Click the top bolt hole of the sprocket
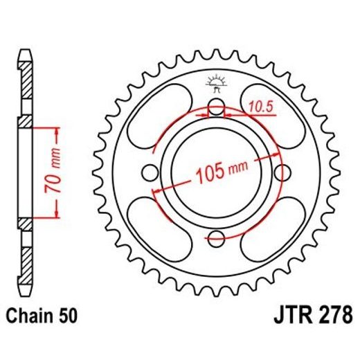coord(217,107)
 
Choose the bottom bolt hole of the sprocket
coord(217,238)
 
